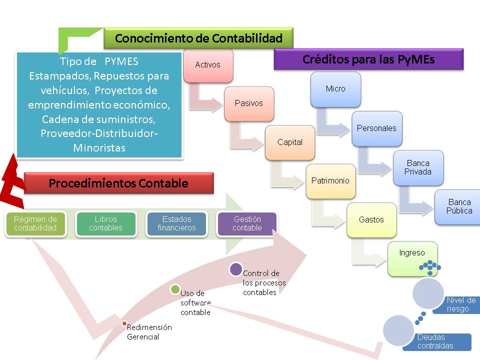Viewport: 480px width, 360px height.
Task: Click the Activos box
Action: (x=208, y=65)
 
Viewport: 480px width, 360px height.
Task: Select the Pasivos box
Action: (x=249, y=103)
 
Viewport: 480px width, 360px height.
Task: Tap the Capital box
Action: (x=290, y=142)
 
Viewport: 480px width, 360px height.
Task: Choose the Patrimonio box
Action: (x=330, y=181)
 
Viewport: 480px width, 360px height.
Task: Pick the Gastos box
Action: (x=371, y=220)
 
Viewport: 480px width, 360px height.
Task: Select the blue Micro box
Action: (x=335, y=89)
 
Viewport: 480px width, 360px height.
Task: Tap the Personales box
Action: (x=376, y=128)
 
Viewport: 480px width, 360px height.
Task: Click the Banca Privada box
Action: (x=418, y=167)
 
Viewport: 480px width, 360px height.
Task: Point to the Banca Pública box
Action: (x=459, y=206)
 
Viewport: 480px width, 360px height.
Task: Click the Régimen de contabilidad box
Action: (x=35, y=224)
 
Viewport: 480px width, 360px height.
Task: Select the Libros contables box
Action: (x=106, y=224)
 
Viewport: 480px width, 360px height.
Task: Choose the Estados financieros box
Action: (x=176, y=224)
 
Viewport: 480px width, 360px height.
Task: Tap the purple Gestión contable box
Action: (x=247, y=224)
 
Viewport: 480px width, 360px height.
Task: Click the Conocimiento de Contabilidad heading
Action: (x=198, y=38)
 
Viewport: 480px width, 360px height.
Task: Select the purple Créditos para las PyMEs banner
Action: (x=368, y=59)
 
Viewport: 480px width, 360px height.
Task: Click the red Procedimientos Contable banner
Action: (x=118, y=183)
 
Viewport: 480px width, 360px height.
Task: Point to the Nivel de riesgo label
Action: (x=460, y=304)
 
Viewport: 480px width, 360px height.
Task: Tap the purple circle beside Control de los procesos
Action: (x=235, y=269)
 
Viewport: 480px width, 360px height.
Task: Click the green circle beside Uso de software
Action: (x=175, y=289)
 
